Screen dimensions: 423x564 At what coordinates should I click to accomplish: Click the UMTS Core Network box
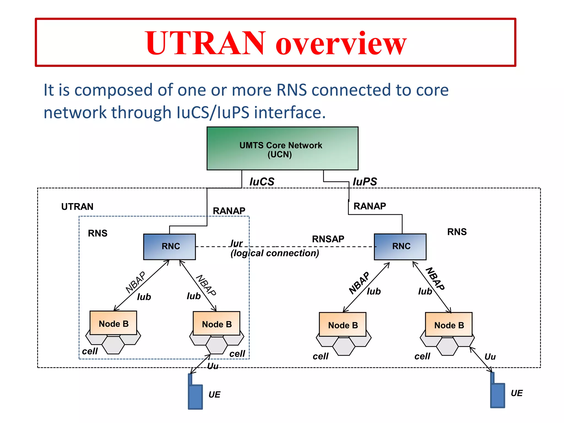coord(282,148)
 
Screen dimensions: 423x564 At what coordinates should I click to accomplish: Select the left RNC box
coord(169,247)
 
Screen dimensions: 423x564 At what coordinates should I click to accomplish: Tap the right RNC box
coord(400,247)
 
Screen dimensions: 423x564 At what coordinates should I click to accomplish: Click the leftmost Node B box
coord(113,323)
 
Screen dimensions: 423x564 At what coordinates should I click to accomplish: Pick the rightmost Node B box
coord(449,324)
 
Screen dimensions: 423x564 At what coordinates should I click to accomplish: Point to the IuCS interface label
coord(262,182)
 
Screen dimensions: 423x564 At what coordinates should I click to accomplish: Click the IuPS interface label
coord(365,182)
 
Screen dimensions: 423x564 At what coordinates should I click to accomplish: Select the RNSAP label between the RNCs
coord(328,239)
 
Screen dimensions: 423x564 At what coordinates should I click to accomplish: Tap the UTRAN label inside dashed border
coord(77,207)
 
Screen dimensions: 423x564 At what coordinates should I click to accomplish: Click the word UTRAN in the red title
coord(205,43)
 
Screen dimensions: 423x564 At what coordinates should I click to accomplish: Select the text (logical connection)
coord(275,253)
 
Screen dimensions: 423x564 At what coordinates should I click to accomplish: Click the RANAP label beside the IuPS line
coord(370,206)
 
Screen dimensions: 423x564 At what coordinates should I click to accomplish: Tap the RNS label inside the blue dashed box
coord(97,233)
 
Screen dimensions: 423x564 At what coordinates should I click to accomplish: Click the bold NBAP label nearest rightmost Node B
coord(435,279)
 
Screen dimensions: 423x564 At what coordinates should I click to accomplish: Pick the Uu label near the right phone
coord(490,357)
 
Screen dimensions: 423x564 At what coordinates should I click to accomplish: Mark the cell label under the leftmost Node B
coord(90,351)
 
